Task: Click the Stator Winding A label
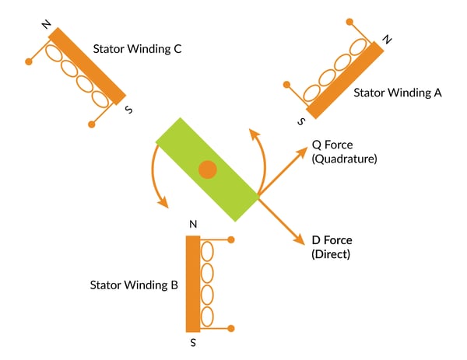(398, 93)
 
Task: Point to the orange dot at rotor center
(207, 170)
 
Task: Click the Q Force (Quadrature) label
(344, 152)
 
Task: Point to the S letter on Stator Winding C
(129, 110)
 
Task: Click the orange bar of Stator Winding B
(193, 284)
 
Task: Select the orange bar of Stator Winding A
(345, 79)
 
